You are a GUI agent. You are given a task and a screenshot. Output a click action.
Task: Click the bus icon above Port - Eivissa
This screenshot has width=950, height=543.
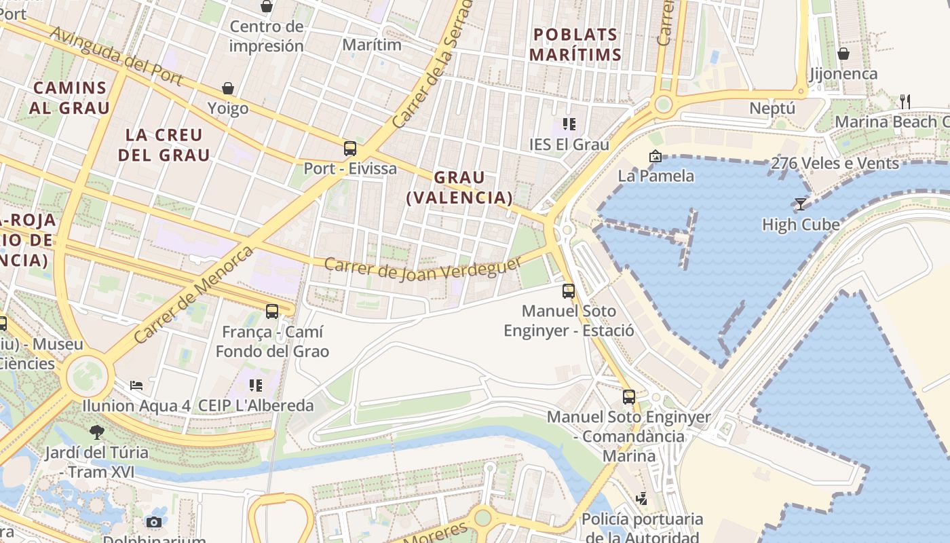pyautogui.click(x=350, y=149)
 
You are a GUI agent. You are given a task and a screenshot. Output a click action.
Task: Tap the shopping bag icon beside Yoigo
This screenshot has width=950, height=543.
pyautogui.click(x=228, y=89)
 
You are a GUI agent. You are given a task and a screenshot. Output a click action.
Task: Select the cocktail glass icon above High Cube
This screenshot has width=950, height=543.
pyautogui.click(x=801, y=204)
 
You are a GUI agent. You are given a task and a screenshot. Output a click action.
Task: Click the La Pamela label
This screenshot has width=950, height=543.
pyautogui.click(x=655, y=176)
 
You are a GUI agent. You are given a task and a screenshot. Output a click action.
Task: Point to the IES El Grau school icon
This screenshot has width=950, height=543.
pyautogui.click(x=569, y=124)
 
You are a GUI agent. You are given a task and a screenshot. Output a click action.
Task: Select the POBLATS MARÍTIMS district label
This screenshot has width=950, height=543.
pyautogui.click(x=575, y=44)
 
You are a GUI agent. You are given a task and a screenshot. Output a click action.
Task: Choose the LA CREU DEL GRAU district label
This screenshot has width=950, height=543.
pyautogui.click(x=164, y=145)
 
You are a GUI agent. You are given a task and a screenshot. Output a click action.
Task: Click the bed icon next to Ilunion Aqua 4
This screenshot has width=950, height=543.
pyautogui.click(x=136, y=386)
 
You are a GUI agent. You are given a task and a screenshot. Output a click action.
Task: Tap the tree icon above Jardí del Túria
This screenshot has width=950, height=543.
pyautogui.click(x=97, y=432)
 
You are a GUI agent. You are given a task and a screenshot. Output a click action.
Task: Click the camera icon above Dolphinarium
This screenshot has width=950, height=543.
pyautogui.click(x=154, y=522)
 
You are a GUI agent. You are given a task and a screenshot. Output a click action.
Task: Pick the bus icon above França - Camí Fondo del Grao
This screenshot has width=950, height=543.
pyautogui.click(x=272, y=312)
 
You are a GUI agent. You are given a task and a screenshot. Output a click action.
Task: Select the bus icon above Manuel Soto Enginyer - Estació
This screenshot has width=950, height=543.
pyautogui.click(x=569, y=291)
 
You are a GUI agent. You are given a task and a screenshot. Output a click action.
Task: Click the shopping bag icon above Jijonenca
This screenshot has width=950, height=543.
pyautogui.click(x=843, y=54)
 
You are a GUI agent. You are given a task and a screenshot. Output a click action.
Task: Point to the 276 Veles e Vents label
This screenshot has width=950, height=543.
pyautogui.click(x=835, y=163)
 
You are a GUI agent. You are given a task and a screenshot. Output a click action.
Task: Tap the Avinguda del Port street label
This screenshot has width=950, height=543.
pyautogui.click(x=116, y=56)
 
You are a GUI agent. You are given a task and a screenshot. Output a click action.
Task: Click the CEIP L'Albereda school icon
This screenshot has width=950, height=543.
pyautogui.click(x=256, y=386)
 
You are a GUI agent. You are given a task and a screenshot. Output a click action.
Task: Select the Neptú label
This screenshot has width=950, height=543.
pyautogui.click(x=772, y=109)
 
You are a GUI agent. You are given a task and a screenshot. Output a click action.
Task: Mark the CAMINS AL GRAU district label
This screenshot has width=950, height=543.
pyautogui.click(x=69, y=97)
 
